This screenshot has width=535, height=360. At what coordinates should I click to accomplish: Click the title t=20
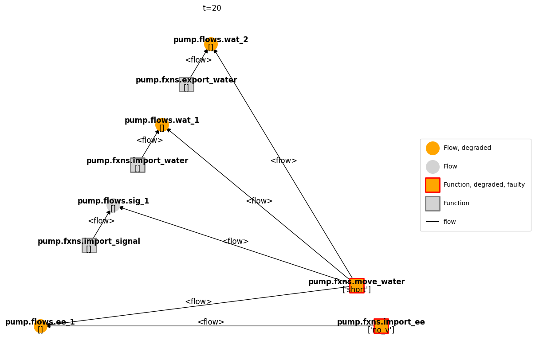click(212, 8)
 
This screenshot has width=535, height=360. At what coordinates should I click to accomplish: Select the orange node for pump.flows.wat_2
click(211, 44)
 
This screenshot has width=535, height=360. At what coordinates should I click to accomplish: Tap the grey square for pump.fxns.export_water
click(186, 84)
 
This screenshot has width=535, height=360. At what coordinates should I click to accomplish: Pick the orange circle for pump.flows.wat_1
click(162, 125)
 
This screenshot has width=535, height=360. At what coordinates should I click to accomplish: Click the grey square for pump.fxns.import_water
click(138, 165)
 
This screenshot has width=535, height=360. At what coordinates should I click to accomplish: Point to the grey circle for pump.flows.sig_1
click(113, 205)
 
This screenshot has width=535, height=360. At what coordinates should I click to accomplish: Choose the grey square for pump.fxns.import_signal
click(89, 245)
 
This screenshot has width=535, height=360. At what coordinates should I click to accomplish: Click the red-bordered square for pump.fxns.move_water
click(357, 286)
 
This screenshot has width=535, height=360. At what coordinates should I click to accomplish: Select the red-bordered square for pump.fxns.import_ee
click(381, 326)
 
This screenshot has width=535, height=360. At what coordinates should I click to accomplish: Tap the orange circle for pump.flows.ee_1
click(40, 326)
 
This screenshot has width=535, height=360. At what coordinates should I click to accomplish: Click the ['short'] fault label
click(357, 290)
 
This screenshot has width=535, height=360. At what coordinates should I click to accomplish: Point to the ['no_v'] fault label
click(381, 330)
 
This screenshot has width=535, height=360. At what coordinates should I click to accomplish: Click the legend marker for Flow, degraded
click(433, 148)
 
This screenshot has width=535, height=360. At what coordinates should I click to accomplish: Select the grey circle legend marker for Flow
click(433, 167)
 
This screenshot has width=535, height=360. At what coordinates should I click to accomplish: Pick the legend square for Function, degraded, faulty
click(433, 185)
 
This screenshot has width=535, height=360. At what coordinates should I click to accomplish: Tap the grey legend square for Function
click(433, 203)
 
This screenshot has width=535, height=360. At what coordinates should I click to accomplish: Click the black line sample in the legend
click(433, 222)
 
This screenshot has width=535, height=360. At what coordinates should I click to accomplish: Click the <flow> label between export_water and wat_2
click(198, 60)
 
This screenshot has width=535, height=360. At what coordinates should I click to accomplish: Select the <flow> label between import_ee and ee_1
click(211, 322)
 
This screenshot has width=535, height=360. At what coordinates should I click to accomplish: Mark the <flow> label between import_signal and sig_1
click(101, 221)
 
